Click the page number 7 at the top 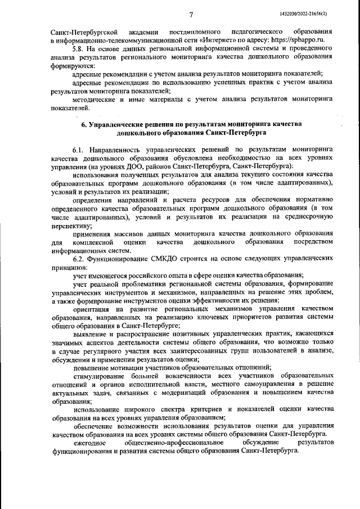[191, 13]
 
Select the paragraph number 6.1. [79, 151]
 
